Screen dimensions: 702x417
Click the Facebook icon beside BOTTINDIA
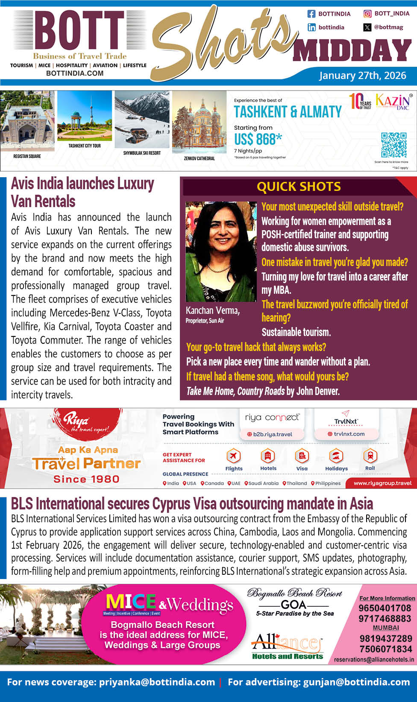click(x=311, y=14)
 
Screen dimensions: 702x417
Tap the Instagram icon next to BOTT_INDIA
click(x=367, y=14)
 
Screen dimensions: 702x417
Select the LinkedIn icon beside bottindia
click(x=311, y=27)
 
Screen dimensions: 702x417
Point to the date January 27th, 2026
click(x=362, y=76)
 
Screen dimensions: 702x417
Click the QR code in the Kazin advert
click(x=394, y=145)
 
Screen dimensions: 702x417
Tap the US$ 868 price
click(x=258, y=139)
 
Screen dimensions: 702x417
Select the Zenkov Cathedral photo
click(x=200, y=124)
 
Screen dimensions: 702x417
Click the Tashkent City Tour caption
click(x=85, y=146)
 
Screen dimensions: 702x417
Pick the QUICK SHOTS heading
click(x=299, y=187)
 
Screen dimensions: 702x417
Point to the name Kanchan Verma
click(x=213, y=311)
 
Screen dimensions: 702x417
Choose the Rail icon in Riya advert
click(x=370, y=456)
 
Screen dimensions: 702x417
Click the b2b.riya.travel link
click(x=273, y=434)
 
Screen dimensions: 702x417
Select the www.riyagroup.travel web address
click(x=382, y=483)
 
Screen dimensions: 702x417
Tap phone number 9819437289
click(x=385, y=639)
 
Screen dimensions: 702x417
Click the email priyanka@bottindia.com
click(x=157, y=682)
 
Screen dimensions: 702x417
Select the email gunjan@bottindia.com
click(x=356, y=682)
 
